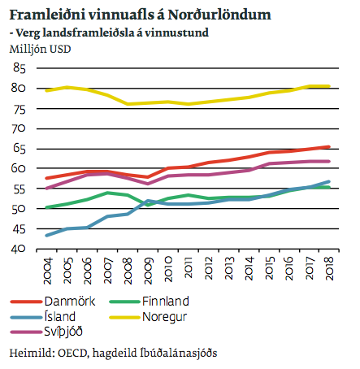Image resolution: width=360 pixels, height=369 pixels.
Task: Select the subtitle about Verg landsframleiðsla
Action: pyautogui.click(x=108, y=33)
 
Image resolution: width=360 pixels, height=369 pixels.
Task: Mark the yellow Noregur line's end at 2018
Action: pyautogui.click(x=328, y=86)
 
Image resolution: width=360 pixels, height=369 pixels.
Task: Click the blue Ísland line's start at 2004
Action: pyautogui.click(x=48, y=235)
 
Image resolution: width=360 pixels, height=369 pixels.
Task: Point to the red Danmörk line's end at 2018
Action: pyautogui.click(x=328, y=147)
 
